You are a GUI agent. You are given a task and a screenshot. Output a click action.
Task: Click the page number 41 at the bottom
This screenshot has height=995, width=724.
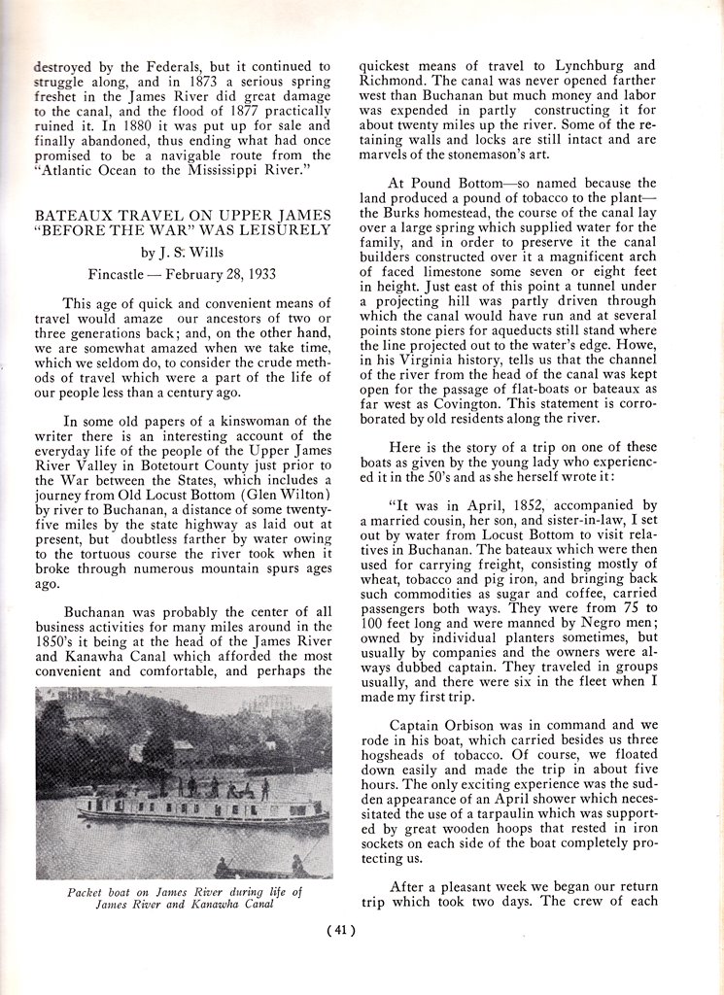[x=341, y=930]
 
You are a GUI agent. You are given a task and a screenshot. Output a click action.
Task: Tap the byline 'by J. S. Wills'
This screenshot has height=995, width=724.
[x=184, y=253]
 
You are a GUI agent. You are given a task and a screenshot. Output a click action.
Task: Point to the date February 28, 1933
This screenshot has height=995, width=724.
[x=222, y=274]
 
